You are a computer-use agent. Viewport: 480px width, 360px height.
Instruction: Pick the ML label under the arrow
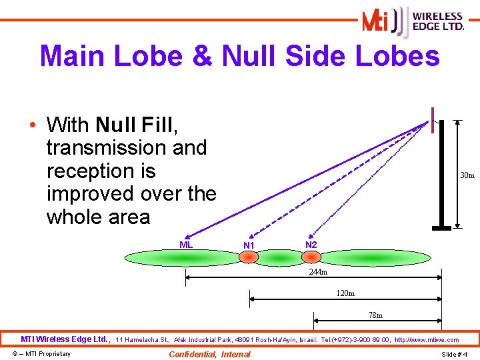(186, 245)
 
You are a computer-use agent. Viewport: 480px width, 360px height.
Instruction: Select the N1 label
(249, 245)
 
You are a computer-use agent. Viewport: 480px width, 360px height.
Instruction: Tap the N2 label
(311, 245)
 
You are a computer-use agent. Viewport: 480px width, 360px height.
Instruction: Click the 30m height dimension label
(467, 176)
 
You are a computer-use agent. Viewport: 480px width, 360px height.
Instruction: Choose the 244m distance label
(318, 273)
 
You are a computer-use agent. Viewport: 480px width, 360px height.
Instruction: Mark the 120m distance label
(345, 293)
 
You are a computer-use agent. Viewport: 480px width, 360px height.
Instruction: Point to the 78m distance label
(376, 315)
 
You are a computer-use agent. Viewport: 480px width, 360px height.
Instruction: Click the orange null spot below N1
(249, 257)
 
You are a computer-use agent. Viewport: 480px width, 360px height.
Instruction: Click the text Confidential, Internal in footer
(210, 354)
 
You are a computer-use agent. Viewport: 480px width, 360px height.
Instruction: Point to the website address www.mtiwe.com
(437, 340)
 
